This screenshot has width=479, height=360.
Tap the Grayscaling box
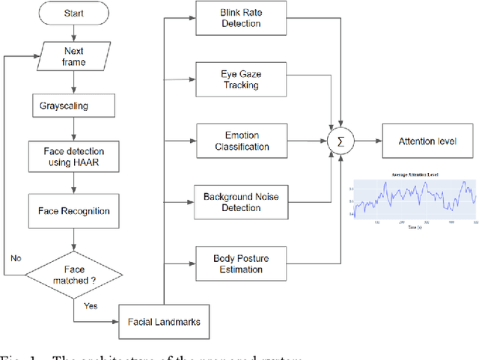click(73, 106)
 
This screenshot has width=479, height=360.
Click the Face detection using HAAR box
click(73, 156)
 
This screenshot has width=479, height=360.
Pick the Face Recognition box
click(73, 211)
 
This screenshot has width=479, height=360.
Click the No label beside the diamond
click(15, 257)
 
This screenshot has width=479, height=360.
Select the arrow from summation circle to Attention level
click(367, 140)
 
